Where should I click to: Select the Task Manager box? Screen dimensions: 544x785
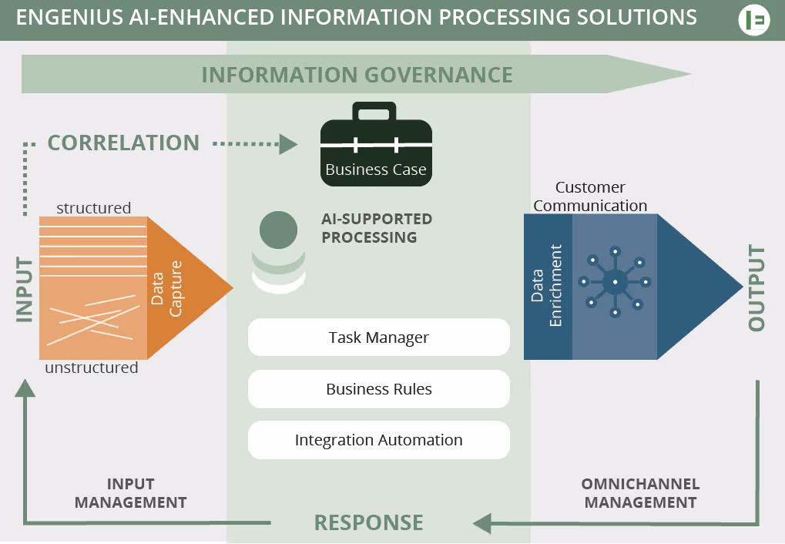[378, 337]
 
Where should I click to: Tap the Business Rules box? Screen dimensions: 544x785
[378, 389]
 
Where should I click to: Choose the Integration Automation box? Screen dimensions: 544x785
[378, 440]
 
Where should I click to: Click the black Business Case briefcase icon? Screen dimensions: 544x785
[376, 146]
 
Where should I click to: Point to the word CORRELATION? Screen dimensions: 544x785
[123, 143]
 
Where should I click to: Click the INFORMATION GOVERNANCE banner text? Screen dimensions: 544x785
[357, 75]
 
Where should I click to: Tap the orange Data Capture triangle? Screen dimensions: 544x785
[185, 287]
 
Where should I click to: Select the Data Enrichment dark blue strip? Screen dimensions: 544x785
[548, 287]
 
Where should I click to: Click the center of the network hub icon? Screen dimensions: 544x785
[615, 282]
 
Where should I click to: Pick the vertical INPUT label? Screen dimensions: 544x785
[25, 290]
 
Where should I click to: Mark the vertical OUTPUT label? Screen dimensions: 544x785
[756, 288]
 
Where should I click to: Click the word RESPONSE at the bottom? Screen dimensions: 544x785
[368, 522]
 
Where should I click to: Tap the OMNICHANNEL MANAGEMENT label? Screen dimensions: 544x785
[640, 493]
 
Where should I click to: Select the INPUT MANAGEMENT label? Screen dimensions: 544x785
[130, 493]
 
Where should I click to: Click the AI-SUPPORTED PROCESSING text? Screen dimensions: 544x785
[377, 228]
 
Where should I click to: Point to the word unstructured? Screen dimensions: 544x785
[92, 368]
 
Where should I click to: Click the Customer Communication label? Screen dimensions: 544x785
[590, 196]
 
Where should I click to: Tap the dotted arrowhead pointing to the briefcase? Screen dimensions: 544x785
[288, 144]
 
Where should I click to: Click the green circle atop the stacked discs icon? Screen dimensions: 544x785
[278, 230]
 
